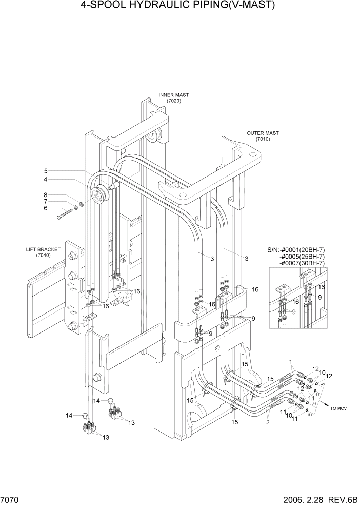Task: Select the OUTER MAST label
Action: pos(263,133)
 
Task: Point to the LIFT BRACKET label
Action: pos(43,249)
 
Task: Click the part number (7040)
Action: pos(43,256)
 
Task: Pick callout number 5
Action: pos(46,171)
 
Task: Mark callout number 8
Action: pos(46,195)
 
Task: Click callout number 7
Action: pos(46,202)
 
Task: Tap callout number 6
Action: pos(46,208)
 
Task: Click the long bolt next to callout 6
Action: pos(66,214)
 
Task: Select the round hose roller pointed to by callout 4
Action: pos(98,194)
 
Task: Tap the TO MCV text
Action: pos(339,408)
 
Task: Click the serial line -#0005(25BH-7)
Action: pos(302,256)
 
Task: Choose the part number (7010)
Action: pos(263,139)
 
